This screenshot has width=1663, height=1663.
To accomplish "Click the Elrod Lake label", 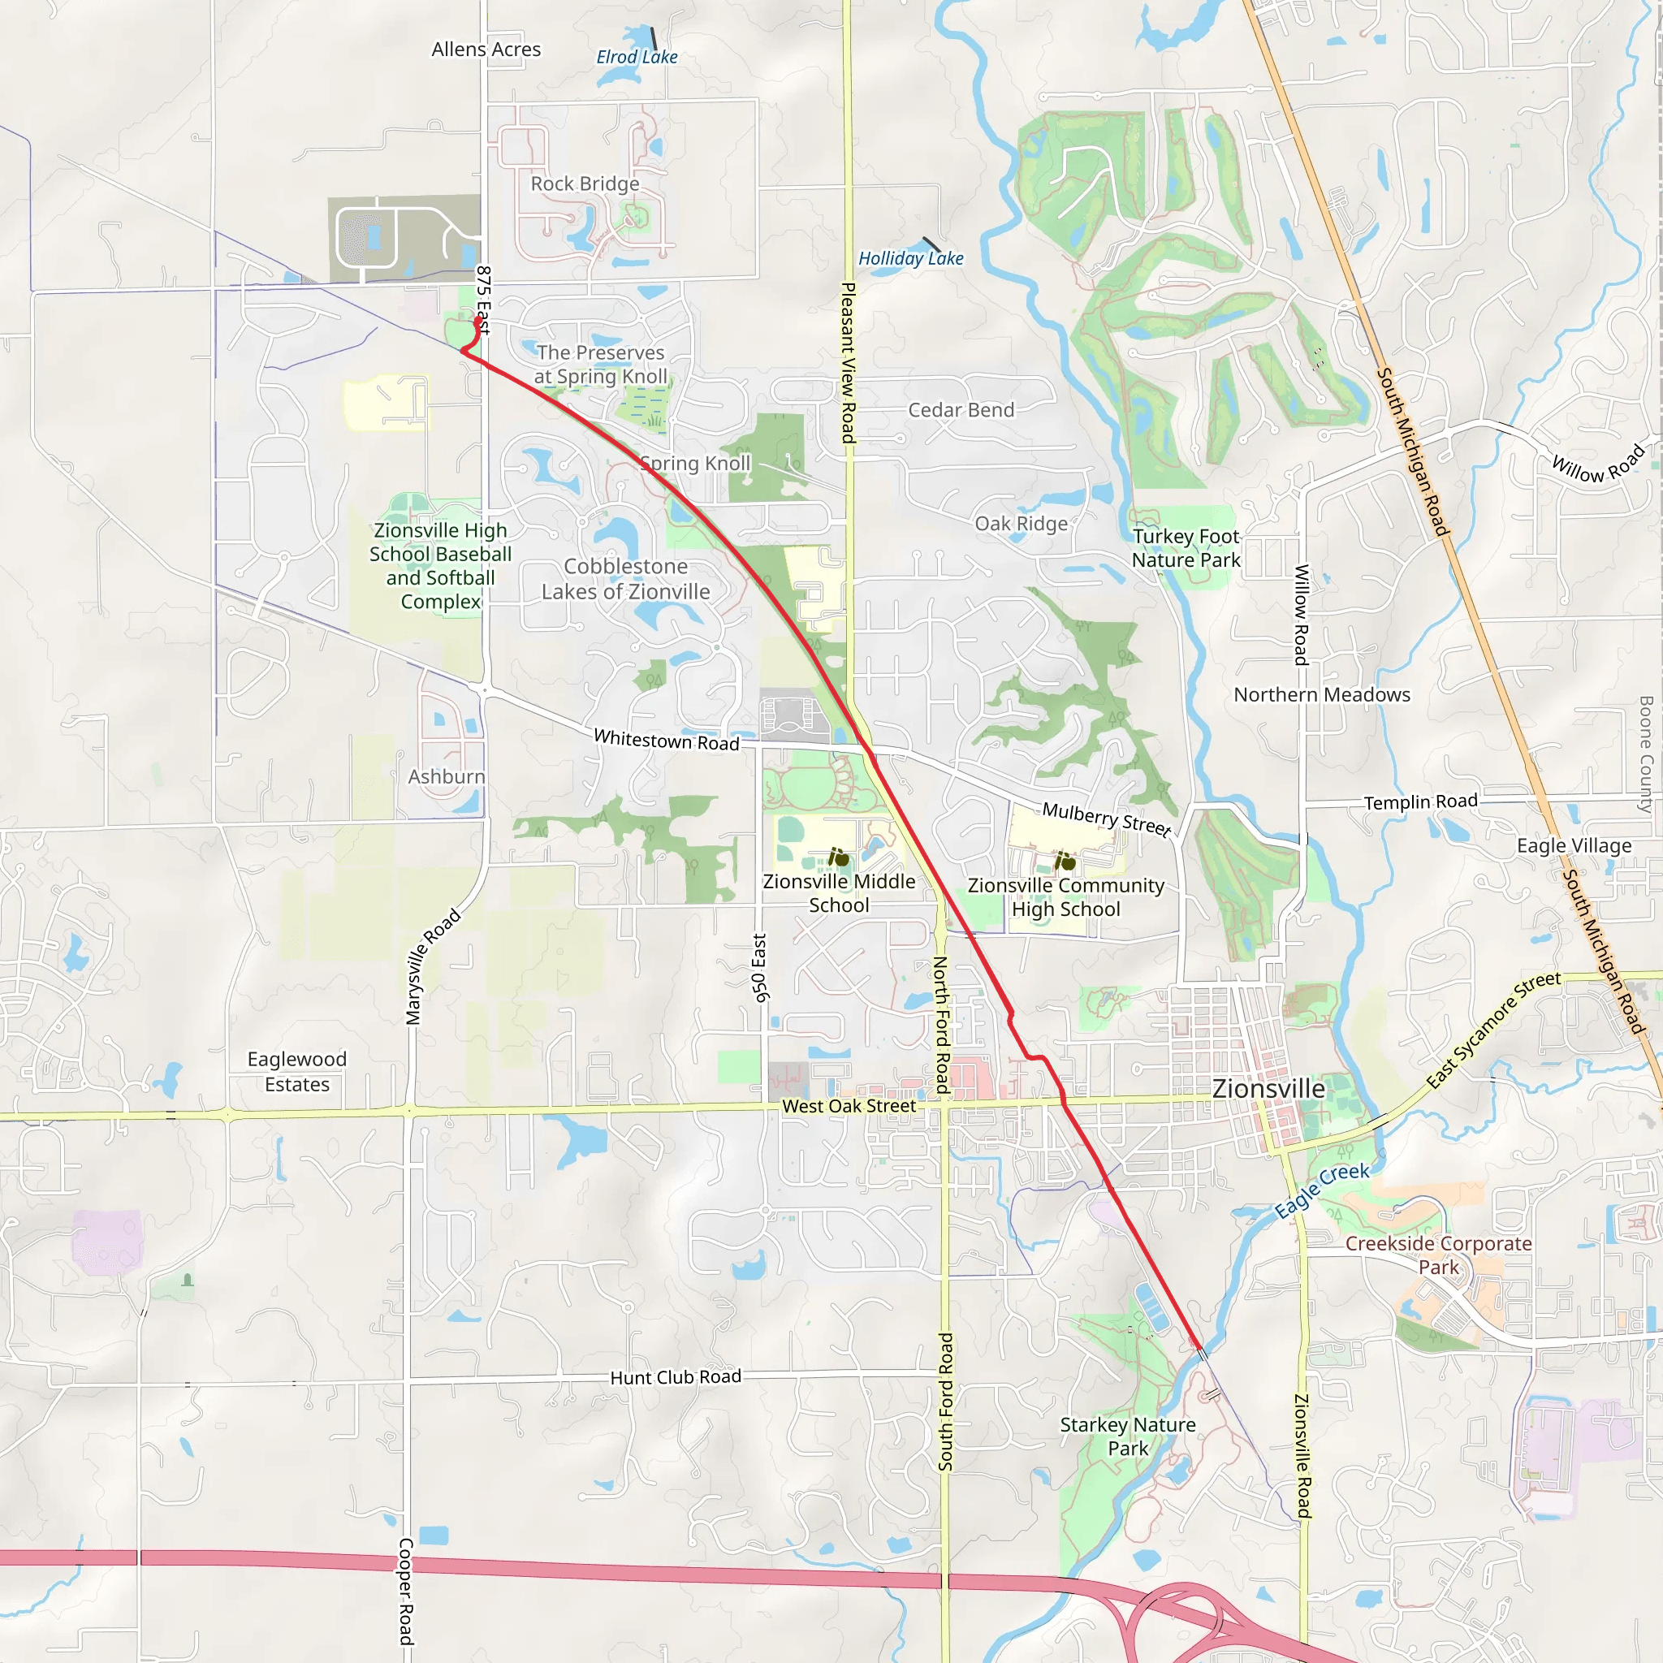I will pos(637,57).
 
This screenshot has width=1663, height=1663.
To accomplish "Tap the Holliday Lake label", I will pos(911,258).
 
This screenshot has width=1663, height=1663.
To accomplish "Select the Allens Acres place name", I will pos(486,50).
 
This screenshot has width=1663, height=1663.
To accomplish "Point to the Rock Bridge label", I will pos(585,184).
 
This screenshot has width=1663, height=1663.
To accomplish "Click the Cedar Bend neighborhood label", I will pos(961,411).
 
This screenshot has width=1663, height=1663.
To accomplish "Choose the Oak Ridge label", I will pos(1021,524).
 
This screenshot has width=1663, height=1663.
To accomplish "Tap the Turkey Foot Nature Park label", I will pos(1186,548).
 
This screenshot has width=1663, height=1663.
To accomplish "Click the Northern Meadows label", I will pos(1322,694).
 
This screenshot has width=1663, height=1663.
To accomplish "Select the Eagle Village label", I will pos(1574,846).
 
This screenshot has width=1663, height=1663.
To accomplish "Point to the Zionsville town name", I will pos(1269,1089).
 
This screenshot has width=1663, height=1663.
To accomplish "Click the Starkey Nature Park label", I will pos(1128,1436).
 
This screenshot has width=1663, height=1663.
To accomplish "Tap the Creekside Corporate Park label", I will pos(1438,1255).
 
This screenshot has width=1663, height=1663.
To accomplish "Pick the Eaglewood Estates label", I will pos(297,1072).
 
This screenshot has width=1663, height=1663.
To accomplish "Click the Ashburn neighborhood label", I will pos(447,777).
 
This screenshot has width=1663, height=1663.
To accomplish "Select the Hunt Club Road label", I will pos(676,1377).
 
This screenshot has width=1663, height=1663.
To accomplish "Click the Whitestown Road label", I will pos(667,741).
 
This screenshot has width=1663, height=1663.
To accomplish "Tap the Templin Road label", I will pos(1420,802).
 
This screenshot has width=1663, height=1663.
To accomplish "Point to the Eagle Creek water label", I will pos(1322,1190).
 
